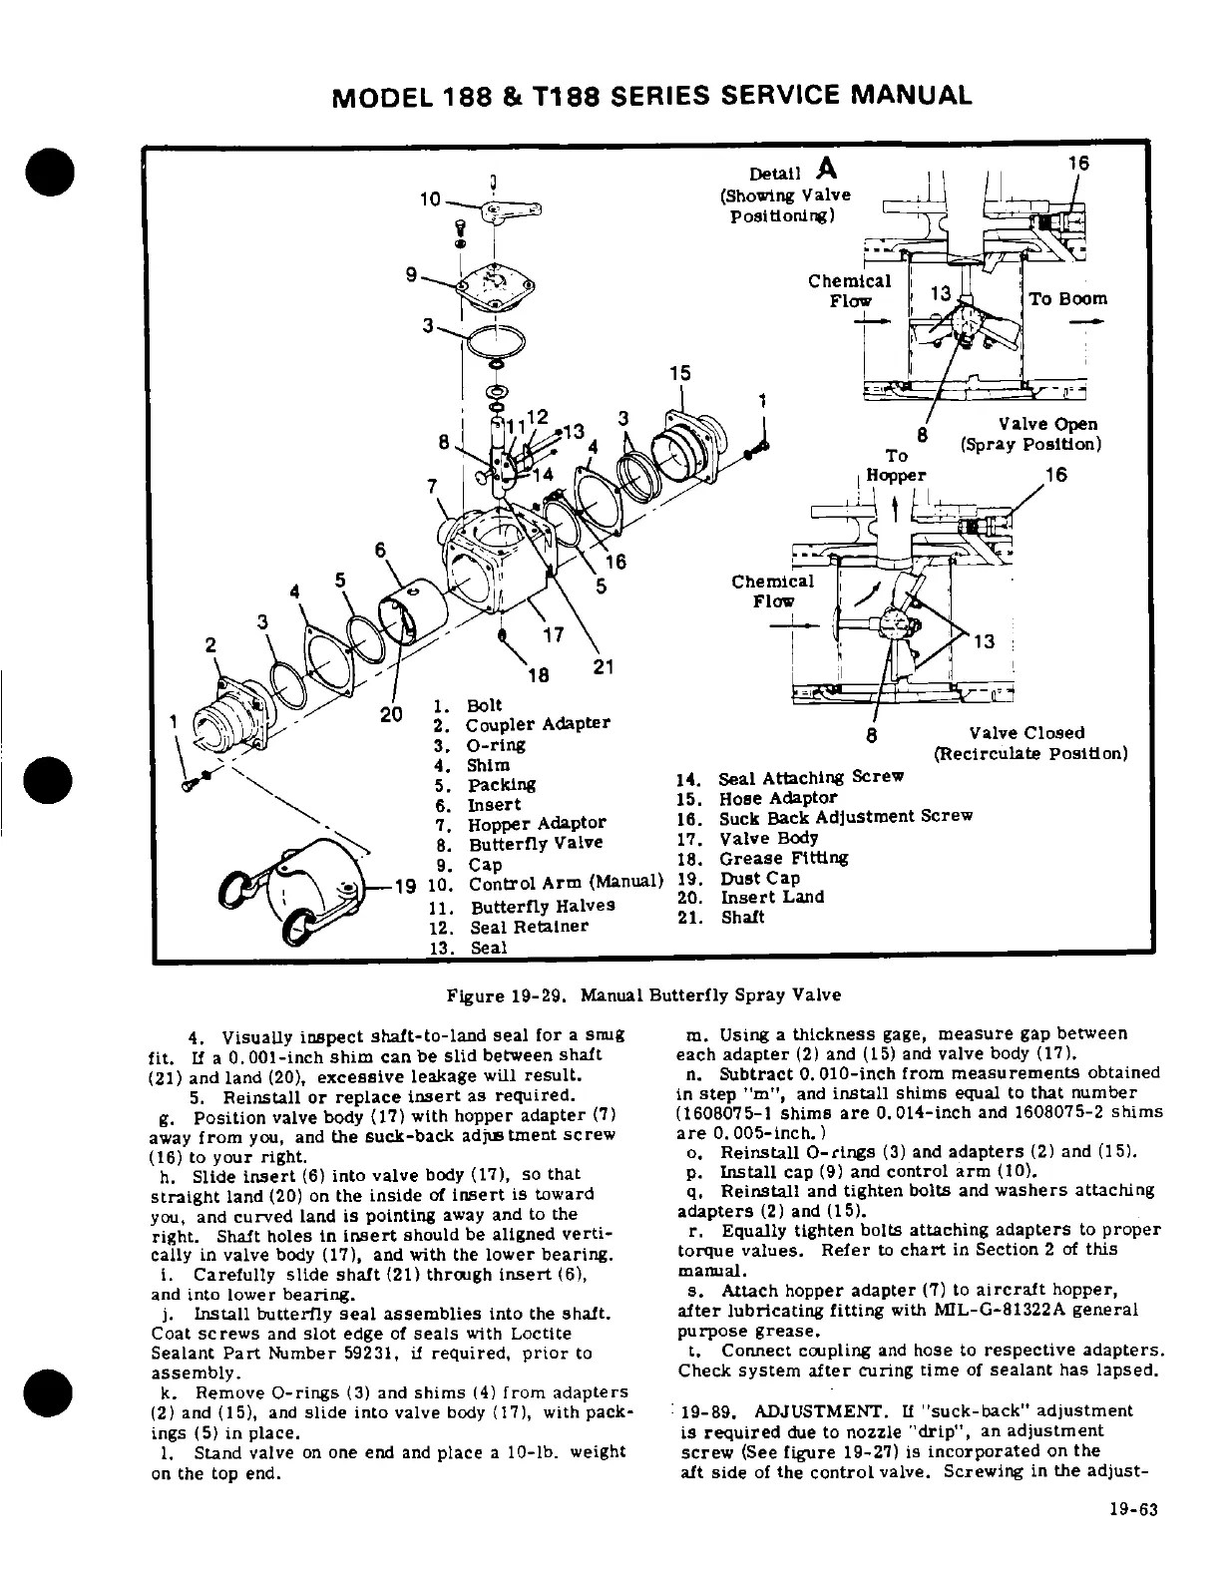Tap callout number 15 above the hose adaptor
click(679, 373)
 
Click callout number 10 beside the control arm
click(430, 198)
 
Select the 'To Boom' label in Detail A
click(1067, 298)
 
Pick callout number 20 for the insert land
click(391, 714)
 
